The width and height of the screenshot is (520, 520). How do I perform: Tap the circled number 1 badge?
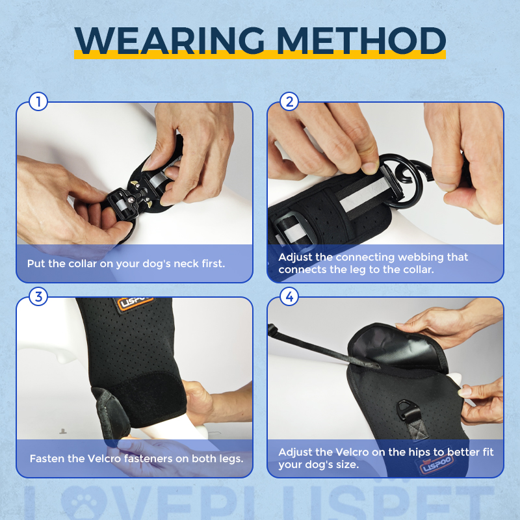[x=38, y=101]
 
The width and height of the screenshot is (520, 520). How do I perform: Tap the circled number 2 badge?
[x=289, y=101]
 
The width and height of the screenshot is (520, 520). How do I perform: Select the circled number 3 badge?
[x=38, y=296]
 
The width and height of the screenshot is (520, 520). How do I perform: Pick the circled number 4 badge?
[x=289, y=296]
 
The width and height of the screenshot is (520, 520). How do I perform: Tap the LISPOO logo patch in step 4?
[x=437, y=463]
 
